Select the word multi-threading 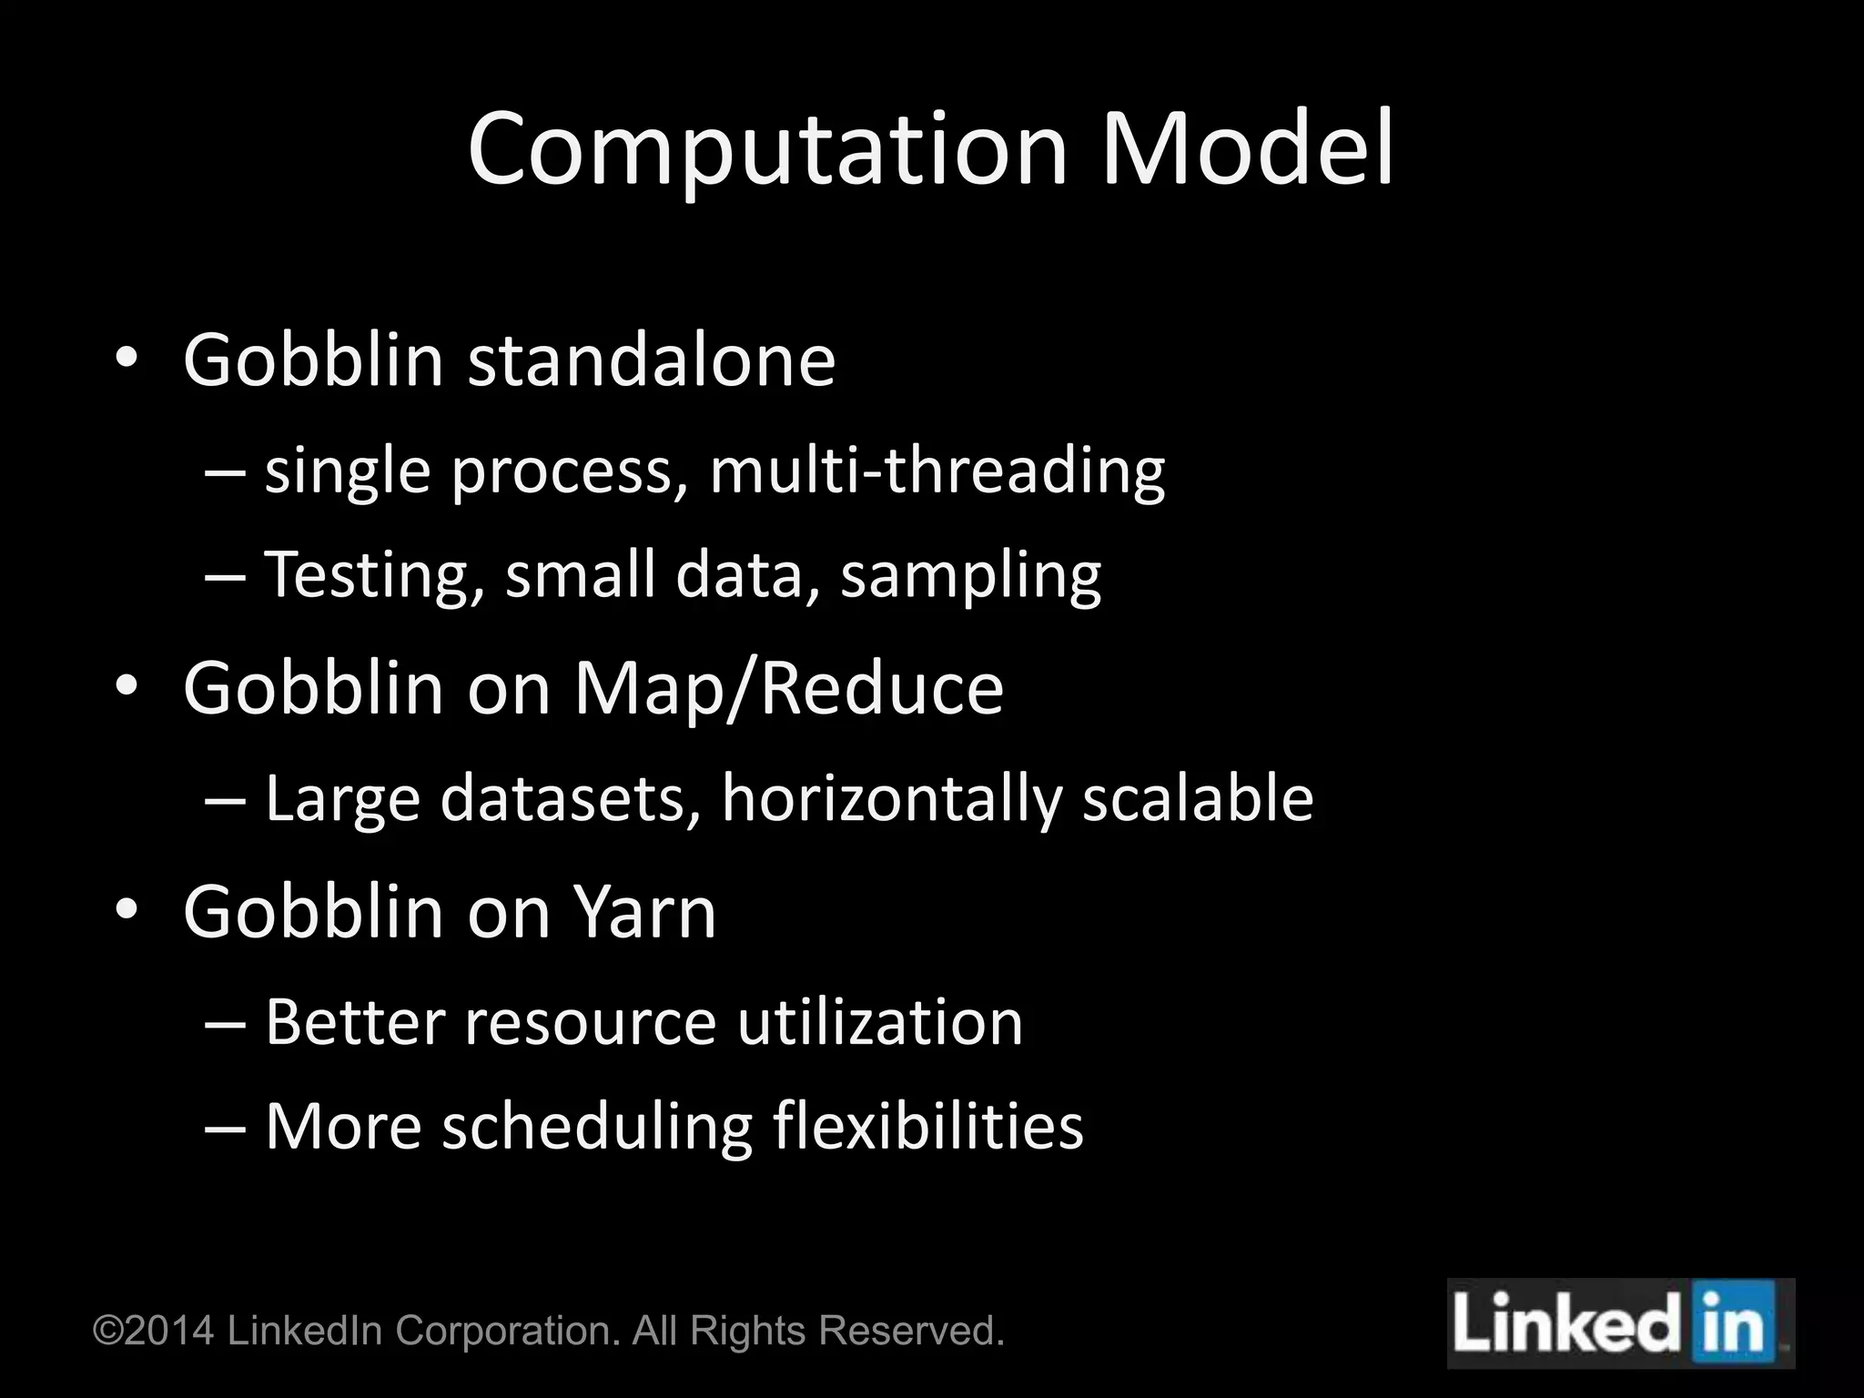937,471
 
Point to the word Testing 373,576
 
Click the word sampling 970,576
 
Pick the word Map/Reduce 788,689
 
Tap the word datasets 571,798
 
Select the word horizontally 891,798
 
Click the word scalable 1198,798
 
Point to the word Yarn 644,912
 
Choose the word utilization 880,1022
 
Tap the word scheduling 597,1127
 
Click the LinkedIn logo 1620,1324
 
